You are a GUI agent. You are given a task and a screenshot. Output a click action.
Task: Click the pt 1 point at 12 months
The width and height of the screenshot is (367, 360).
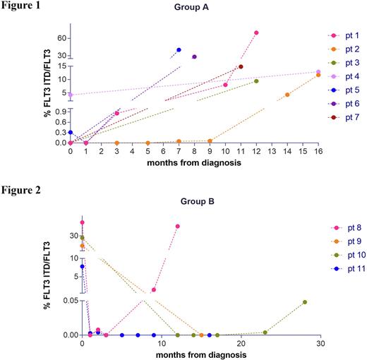pos(256,32)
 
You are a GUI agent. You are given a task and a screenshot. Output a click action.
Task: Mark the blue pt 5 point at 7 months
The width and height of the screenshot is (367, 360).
pos(179,50)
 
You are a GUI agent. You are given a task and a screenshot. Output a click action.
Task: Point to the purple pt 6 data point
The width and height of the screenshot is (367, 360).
pos(194,56)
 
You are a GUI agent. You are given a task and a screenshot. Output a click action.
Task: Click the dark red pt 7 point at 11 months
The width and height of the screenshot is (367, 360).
pos(241,67)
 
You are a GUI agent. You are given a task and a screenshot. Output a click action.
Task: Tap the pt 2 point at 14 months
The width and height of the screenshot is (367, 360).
pos(287,95)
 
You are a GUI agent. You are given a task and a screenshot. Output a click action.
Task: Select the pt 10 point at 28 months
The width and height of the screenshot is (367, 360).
pos(305,302)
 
